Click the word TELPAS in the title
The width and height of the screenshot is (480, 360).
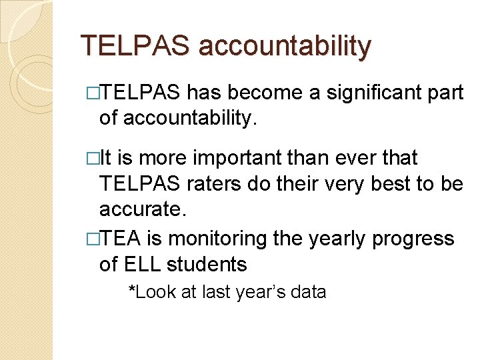[135, 46]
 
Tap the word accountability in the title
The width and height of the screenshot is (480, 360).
[285, 46]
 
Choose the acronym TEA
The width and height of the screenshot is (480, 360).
[121, 238]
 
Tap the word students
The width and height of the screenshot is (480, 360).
[209, 264]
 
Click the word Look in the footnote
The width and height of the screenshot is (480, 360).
[153, 291]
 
